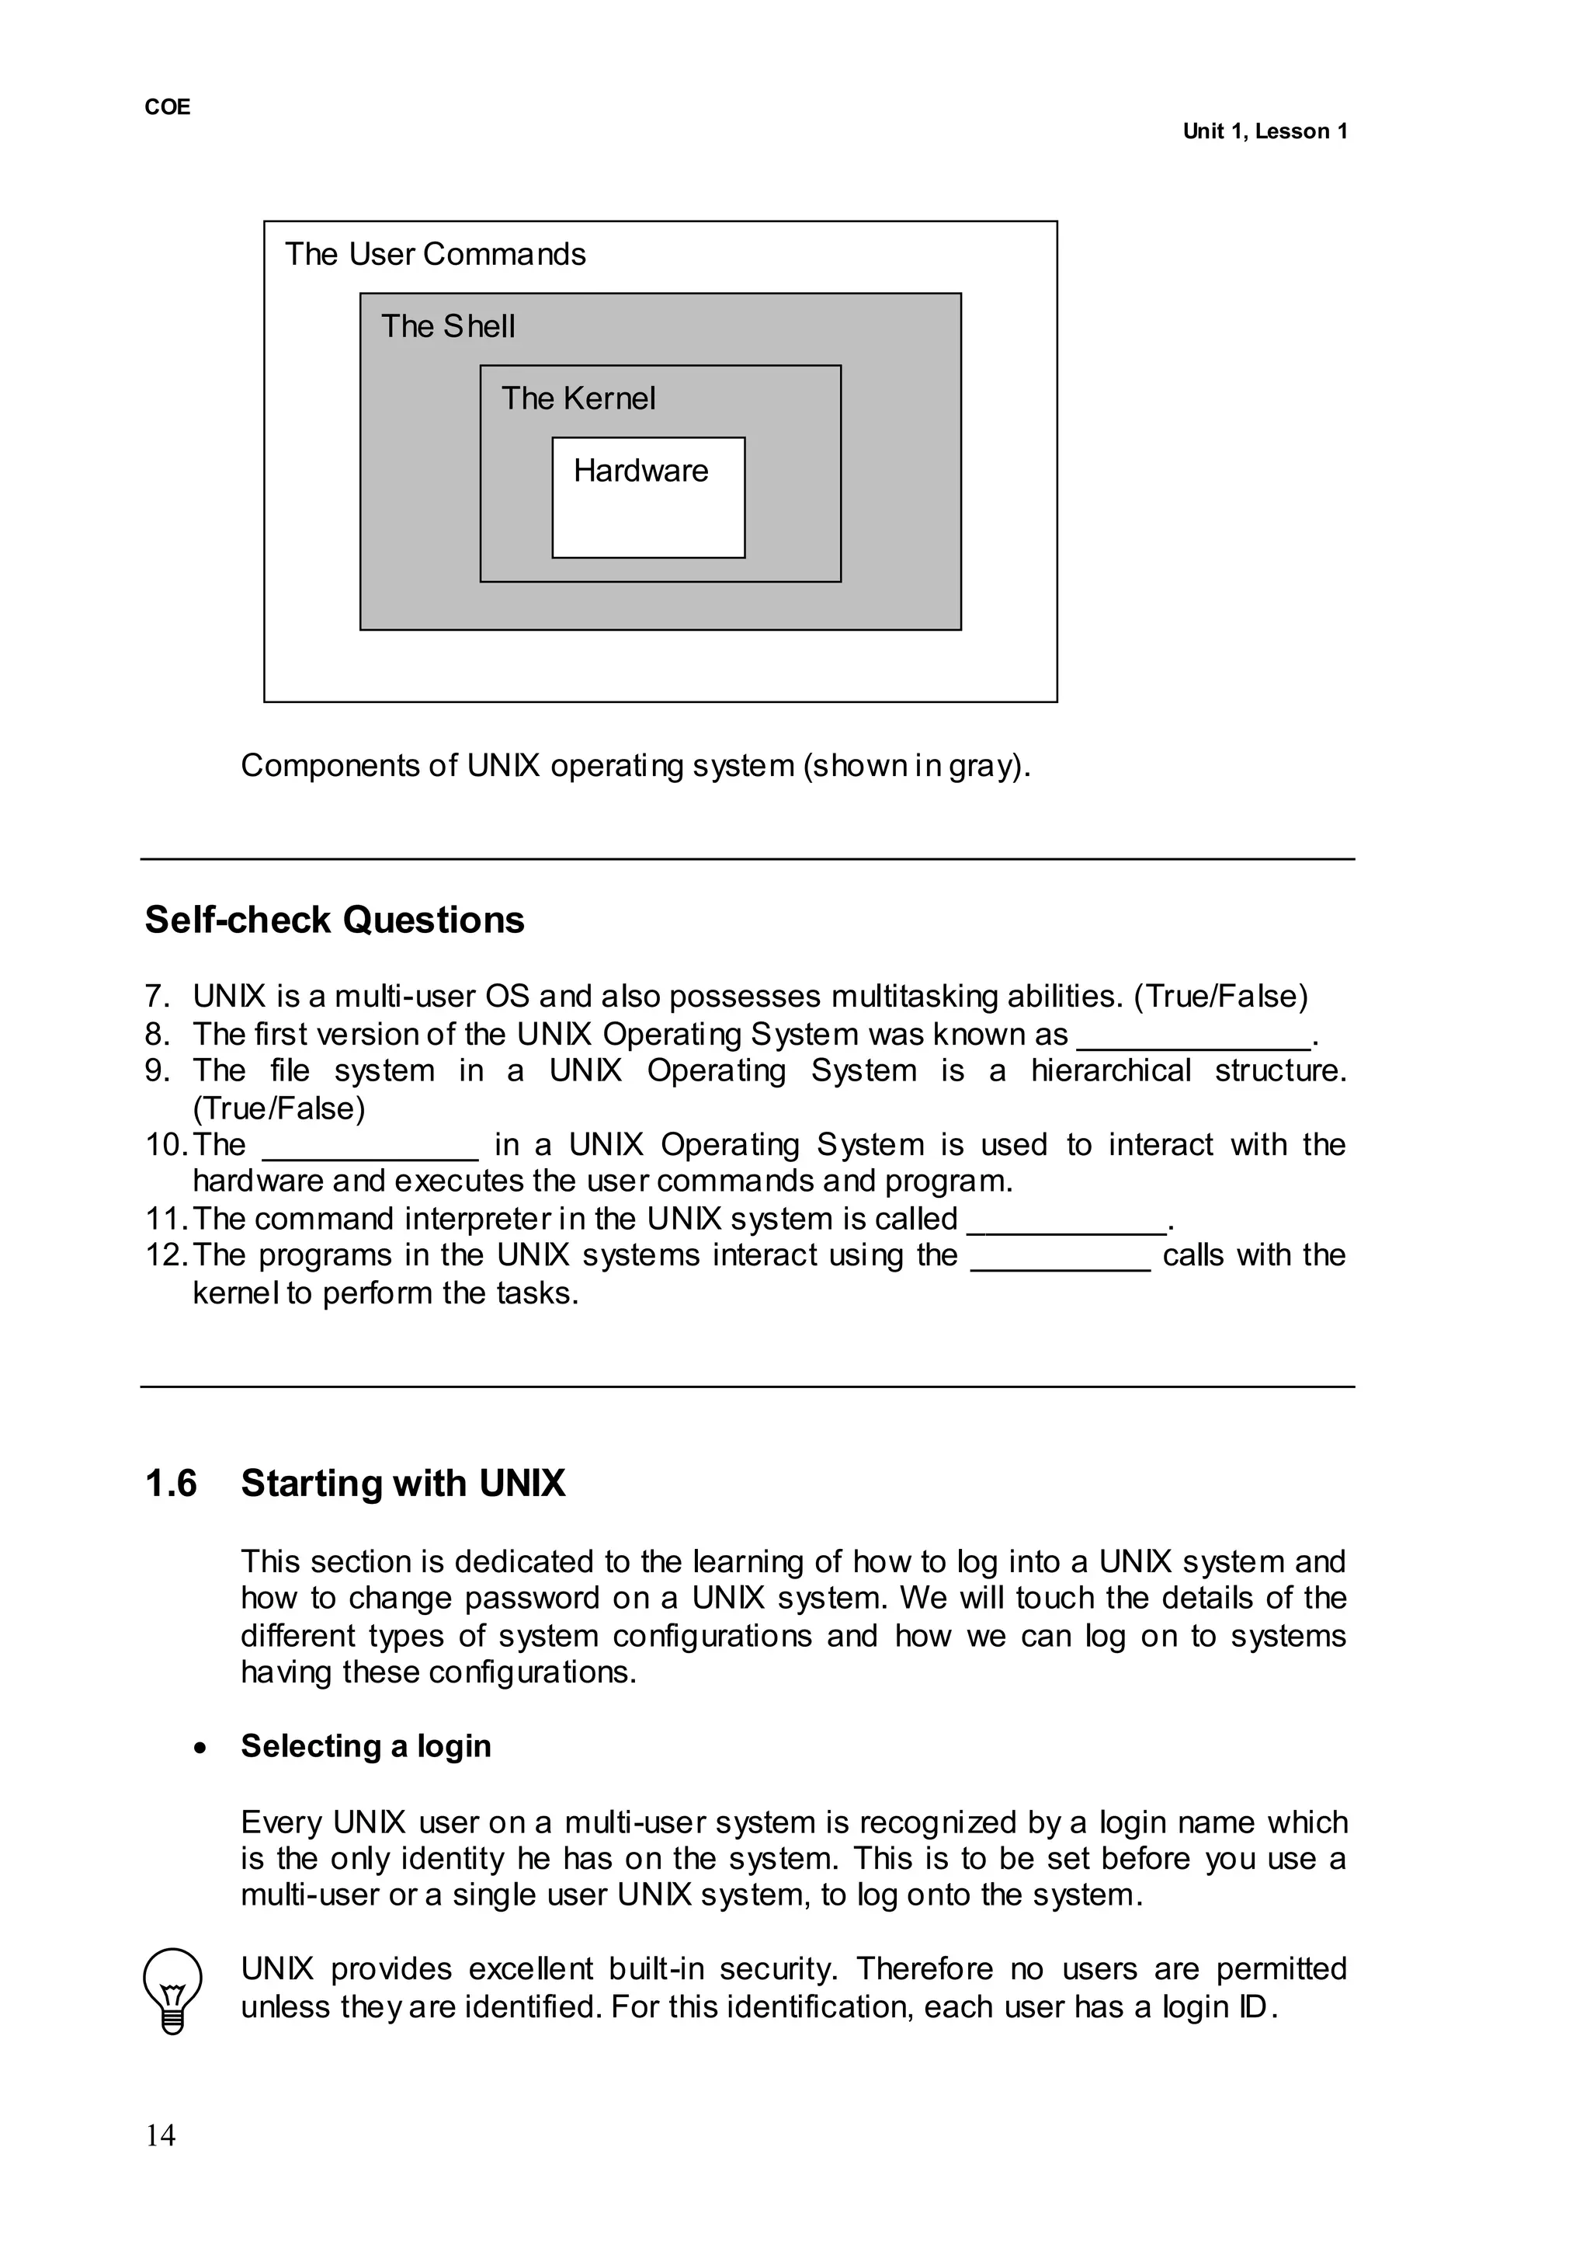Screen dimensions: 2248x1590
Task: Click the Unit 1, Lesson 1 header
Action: (x=1264, y=131)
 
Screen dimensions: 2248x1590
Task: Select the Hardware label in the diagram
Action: (x=641, y=472)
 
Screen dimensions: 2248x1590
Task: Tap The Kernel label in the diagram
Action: (x=578, y=398)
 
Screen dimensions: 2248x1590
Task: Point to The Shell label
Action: (x=447, y=326)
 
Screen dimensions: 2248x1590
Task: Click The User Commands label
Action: (x=435, y=255)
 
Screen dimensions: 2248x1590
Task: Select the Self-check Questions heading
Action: (x=335, y=920)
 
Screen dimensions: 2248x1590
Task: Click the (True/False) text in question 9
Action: (x=279, y=1108)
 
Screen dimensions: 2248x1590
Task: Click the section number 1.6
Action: (x=172, y=1484)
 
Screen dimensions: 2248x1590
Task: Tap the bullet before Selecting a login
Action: (x=201, y=1749)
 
